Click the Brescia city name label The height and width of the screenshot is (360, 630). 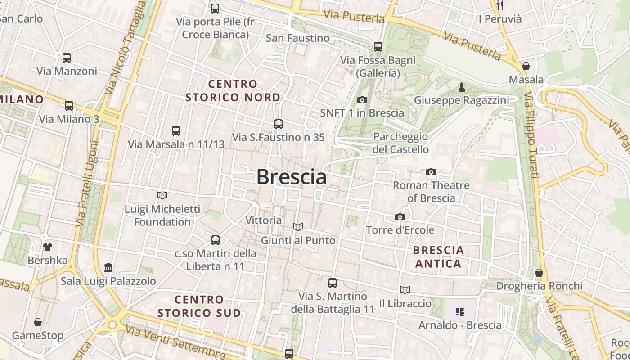point(292,177)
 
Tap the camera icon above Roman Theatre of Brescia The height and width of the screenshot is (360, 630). point(431,172)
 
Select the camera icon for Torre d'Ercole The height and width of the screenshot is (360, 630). point(400,217)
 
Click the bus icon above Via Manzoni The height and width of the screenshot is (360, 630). point(67,58)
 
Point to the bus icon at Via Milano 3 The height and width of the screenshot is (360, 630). point(69,106)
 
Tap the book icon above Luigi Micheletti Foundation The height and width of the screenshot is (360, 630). point(162,195)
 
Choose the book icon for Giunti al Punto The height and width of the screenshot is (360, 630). point(298,227)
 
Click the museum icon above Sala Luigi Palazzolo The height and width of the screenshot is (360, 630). point(108,268)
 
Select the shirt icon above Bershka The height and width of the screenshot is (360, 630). point(48,247)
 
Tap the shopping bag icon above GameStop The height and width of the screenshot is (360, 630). point(38,322)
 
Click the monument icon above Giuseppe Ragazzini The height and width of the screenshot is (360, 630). point(461,87)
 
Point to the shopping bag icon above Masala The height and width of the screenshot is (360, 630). point(526,67)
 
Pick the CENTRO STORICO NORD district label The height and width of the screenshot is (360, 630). point(233,90)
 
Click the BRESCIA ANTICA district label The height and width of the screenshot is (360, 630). point(438,256)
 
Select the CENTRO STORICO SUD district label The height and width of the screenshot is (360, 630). point(199,306)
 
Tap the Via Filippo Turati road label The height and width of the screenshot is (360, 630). point(532,135)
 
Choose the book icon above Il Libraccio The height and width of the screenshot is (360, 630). point(405,290)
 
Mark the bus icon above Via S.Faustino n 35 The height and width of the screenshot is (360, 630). point(279,124)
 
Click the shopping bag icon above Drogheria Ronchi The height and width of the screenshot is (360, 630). point(539,273)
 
